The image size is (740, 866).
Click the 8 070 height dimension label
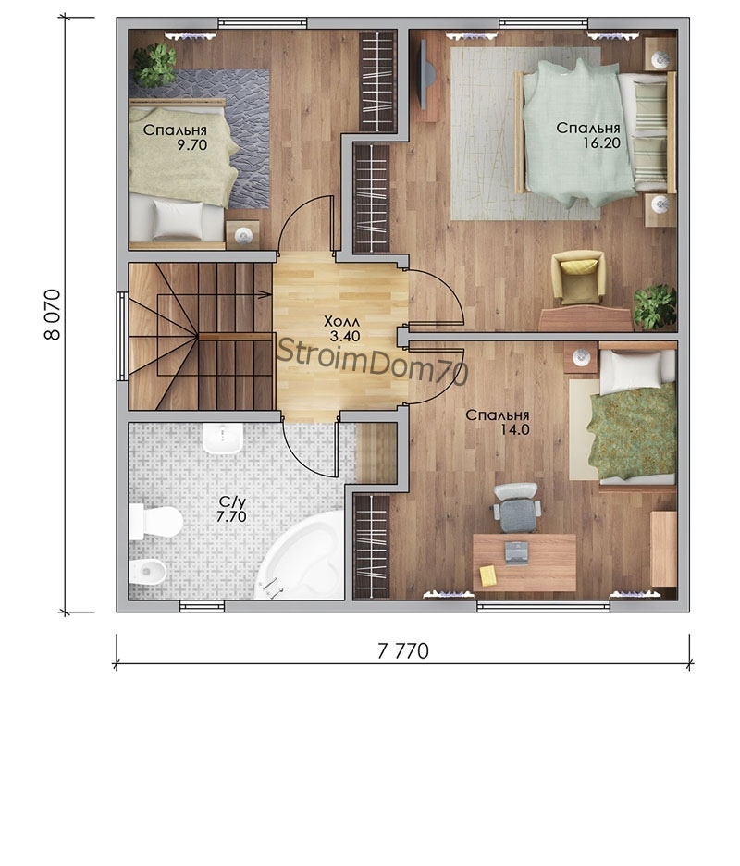pos(53,315)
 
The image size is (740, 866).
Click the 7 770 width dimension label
pos(402,651)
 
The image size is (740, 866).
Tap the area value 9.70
pos(191,145)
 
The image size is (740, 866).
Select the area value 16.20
pos(602,143)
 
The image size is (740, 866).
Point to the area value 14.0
pos(514,429)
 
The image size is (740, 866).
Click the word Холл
pos(342,321)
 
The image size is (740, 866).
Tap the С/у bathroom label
pos(231,502)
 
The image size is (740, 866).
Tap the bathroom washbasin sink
pos(223,439)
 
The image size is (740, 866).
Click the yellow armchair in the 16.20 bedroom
pos(578,278)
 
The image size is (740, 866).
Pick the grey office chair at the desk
pos(516,508)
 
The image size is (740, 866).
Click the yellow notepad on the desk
pos(488,575)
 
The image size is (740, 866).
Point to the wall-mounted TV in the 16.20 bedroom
pos(423,75)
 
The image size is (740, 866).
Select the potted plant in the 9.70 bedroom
pos(155,64)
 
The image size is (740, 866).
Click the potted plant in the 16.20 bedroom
pos(656,307)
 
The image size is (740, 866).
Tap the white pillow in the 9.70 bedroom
pos(178,219)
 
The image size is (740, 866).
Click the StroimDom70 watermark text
pos(373,361)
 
